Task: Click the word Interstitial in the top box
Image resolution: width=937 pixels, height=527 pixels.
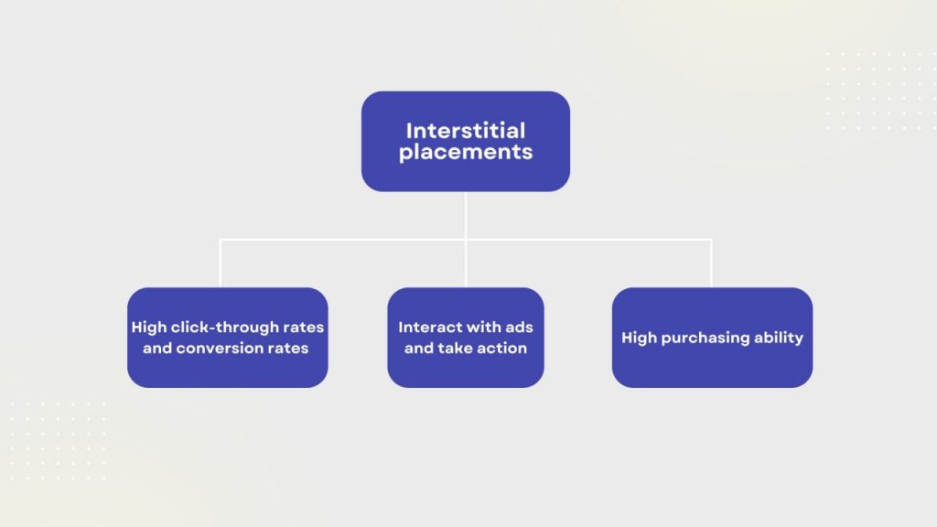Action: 466,130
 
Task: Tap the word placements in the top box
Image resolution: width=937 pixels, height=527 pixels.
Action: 466,153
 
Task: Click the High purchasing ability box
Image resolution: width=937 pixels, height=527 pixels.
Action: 712,338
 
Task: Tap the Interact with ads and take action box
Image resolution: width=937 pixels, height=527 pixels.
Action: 466,338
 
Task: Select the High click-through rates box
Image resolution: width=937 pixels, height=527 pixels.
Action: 228,338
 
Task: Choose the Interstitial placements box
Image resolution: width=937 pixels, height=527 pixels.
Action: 466,142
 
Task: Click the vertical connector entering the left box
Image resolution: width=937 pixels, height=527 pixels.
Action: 221,263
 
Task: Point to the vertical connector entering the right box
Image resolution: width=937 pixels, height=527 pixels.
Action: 711,263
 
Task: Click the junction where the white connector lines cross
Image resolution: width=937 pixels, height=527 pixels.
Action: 466,241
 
